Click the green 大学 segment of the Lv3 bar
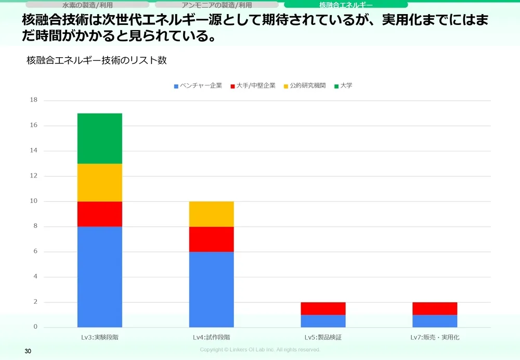click(x=100, y=138)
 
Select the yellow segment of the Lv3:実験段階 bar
click(x=100, y=183)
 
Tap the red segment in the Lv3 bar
click(x=100, y=214)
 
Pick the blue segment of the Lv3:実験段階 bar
click(x=100, y=277)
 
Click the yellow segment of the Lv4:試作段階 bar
click(x=211, y=214)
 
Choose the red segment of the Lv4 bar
click(x=211, y=239)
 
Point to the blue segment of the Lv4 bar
click(x=211, y=289)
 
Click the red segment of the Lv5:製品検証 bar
click(x=323, y=308)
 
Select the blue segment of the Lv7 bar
click(x=435, y=321)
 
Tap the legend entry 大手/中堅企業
click(x=255, y=85)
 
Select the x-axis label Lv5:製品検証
click(x=323, y=337)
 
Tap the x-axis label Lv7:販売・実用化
click(x=435, y=337)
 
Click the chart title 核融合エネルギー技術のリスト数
click(x=96, y=60)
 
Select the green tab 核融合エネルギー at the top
click(x=346, y=5)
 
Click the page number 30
click(x=28, y=352)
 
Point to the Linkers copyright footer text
click(x=260, y=350)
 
